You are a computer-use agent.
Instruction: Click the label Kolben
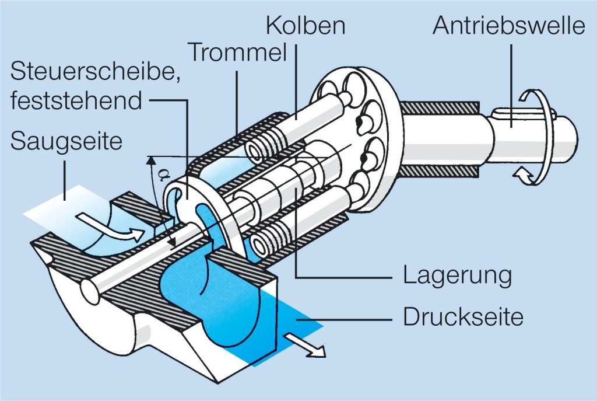click(x=305, y=26)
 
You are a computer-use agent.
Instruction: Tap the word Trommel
click(x=237, y=52)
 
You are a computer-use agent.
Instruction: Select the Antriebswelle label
click(x=508, y=26)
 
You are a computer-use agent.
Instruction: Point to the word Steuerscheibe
click(x=95, y=71)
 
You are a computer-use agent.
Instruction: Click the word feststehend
click(x=76, y=100)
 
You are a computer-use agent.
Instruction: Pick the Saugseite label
click(x=66, y=141)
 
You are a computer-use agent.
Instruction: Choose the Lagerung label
click(x=457, y=276)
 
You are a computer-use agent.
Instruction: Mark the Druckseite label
click(x=463, y=317)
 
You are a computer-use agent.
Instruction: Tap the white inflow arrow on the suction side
click(x=110, y=228)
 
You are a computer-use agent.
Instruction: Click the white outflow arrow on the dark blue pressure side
click(x=307, y=345)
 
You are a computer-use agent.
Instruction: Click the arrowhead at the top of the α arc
click(x=151, y=161)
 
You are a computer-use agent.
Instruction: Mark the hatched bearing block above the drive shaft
click(x=440, y=108)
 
